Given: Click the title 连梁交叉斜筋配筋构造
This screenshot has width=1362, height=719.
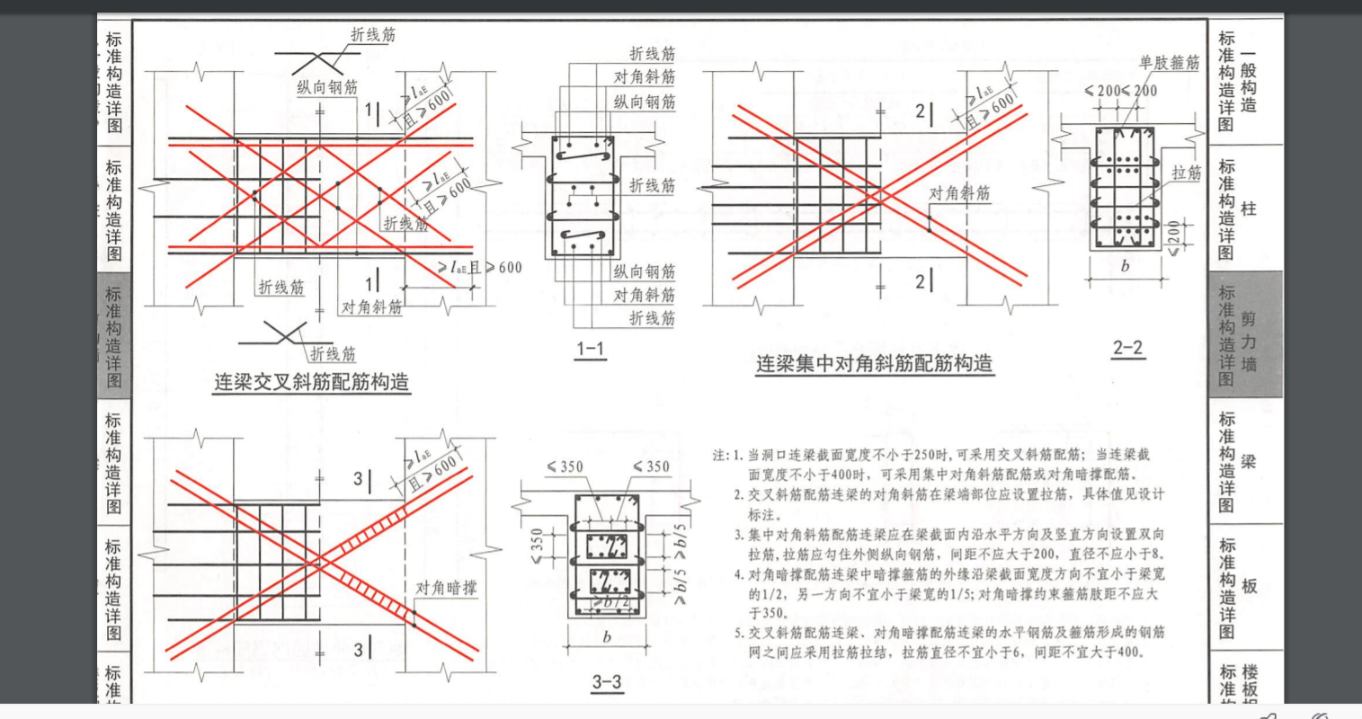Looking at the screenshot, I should [311, 382].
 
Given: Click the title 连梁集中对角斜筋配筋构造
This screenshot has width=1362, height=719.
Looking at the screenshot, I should [874, 364].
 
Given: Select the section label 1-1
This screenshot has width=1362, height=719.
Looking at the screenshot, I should [590, 349].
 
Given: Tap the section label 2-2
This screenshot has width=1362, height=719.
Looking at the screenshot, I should [1127, 348].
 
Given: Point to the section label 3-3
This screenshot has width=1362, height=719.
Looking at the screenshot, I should [607, 681].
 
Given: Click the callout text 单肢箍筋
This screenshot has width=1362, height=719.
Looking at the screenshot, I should [1169, 63].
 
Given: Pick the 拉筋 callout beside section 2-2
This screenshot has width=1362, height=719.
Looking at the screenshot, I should [1186, 173].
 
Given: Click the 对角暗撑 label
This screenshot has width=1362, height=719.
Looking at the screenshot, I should [446, 589].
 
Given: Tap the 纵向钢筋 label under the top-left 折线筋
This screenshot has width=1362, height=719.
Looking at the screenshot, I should [327, 87].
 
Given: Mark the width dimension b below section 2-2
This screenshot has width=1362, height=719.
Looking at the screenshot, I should [1125, 266].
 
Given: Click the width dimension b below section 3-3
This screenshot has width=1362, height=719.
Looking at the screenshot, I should [607, 637].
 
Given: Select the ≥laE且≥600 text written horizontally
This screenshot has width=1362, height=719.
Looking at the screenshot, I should [479, 267].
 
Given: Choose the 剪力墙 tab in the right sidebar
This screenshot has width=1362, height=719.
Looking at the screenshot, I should [1248, 342].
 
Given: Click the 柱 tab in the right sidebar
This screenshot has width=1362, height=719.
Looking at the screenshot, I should [1248, 209].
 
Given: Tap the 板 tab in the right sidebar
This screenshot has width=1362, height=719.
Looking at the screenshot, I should [1249, 586].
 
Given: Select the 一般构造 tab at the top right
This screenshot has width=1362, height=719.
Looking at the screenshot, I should [1248, 81].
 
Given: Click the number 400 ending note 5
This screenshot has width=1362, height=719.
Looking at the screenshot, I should [1127, 652].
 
